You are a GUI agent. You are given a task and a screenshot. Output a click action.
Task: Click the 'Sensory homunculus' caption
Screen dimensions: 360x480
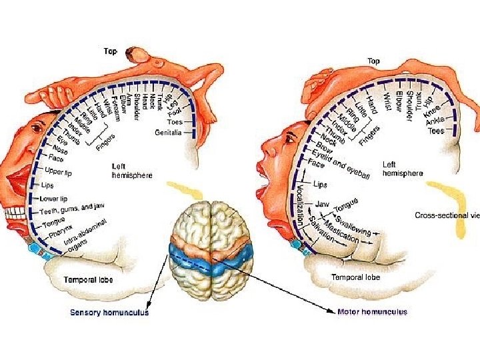pyautogui.click(x=110, y=312)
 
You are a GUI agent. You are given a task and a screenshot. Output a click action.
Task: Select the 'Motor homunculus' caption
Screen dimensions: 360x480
pyautogui.click(x=373, y=311)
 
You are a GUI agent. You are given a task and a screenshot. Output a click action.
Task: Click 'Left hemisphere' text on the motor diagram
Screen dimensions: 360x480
pyautogui.click(x=402, y=169)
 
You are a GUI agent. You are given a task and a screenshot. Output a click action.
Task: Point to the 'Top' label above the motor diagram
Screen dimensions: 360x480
pyautogui.click(x=373, y=61)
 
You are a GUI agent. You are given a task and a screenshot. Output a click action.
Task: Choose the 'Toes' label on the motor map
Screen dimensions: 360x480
pyautogui.click(x=435, y=131)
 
